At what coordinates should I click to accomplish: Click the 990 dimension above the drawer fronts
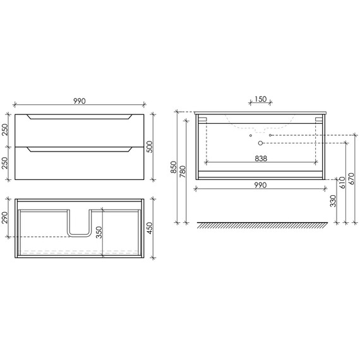click(80, 101)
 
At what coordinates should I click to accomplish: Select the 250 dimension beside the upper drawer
click(5, 130)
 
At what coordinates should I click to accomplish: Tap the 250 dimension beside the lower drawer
click(5, 163)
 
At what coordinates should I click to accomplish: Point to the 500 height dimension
click(150, 147)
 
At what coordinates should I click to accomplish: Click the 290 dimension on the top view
click(5, 217)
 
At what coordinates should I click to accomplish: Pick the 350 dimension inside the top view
click(99, 232)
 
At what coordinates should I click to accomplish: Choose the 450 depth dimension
click(150, 228)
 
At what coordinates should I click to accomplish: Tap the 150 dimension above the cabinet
click(261, 99)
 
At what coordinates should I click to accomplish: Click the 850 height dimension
click(174, 167)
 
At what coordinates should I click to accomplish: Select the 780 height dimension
click(183, 172)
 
